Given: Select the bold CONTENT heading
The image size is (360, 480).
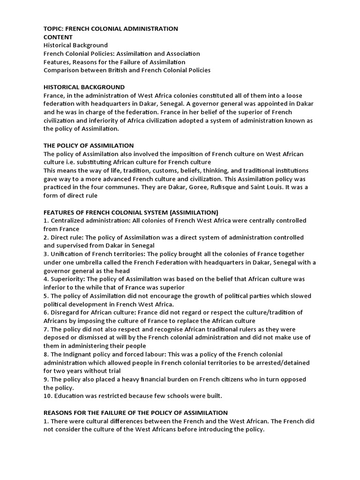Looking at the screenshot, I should [x=58, y=37].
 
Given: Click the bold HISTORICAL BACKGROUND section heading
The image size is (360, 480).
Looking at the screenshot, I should [x=84, y=87].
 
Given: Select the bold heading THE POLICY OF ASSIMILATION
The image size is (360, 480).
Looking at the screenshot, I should [x=89, y=146].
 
